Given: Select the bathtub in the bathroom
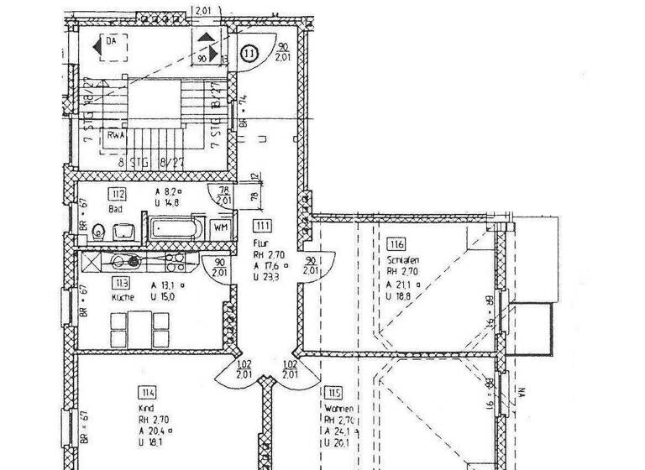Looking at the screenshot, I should tap(177, 227).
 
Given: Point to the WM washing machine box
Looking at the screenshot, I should tap(221, 227).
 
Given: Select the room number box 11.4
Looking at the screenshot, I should tap(148, 392).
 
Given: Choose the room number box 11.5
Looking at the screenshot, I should tap(334, 392).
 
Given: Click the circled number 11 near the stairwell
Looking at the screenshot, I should tap(249, 54).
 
